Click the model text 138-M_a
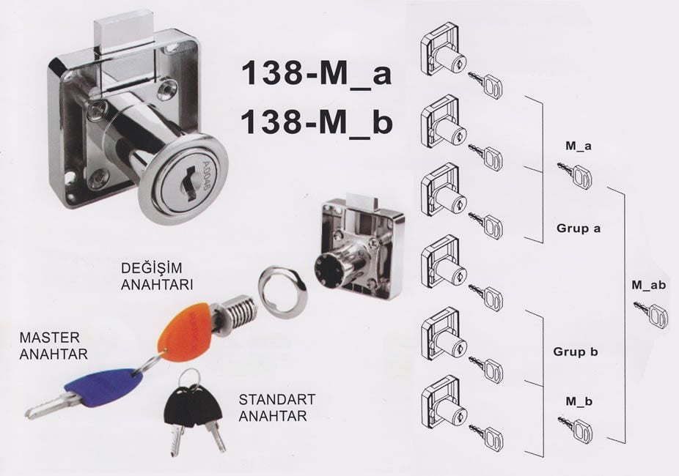tap(316, 73)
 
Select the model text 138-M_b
tap(316, 122)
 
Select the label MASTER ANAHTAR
tap(54, 346)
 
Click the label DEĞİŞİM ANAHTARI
tap(157, 276)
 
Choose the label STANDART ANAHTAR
tap(277, 407)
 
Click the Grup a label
tap(579, 228)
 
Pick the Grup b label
tap(576, 352)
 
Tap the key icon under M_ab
tap(651, 314)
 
